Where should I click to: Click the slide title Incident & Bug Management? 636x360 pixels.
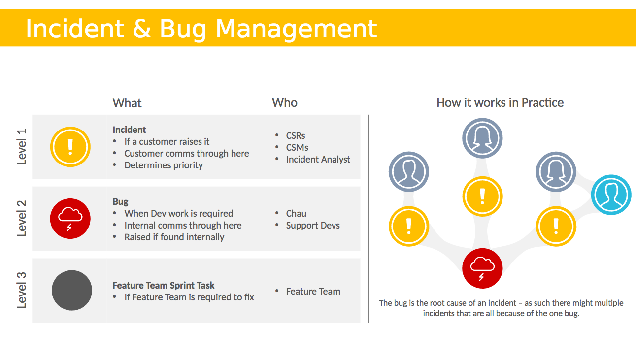click(x=201, y=29)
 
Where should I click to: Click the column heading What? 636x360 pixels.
click(x=127, y=103)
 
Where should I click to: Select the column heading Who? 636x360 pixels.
click(x=284, y=103)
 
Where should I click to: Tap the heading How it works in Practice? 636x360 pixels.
click(x=500, y=103)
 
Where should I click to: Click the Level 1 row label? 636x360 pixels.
click(x=22, y=146)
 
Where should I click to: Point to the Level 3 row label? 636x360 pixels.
click(x=22, y=290)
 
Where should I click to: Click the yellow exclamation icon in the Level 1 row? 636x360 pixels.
click(x=70, y=147)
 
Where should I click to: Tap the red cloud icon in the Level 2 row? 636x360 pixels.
click(x=70, y=219)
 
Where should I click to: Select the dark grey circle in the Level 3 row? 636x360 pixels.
click(x=72, y=290)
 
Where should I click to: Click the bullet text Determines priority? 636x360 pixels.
click(x=164, y=165)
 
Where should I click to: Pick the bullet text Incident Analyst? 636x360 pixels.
click(x=318, y=159)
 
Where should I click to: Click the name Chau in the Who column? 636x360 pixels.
click(x=296, y=214)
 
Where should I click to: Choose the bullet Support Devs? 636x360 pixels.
click(x=313, y=226)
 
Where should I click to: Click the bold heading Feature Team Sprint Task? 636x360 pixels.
click(x=164, y=285)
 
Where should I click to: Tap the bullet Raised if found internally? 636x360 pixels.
click(x=174, y=237)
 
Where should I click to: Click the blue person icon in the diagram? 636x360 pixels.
click(x=611, y=195)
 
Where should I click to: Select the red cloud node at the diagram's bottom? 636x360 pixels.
click(x=482, y=268)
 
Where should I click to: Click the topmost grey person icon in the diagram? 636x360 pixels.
click(x=482, y=138)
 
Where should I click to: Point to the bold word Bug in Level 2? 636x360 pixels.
click(x=120, y=202)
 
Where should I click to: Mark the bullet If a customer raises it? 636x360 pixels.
click(x=167, y=142)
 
